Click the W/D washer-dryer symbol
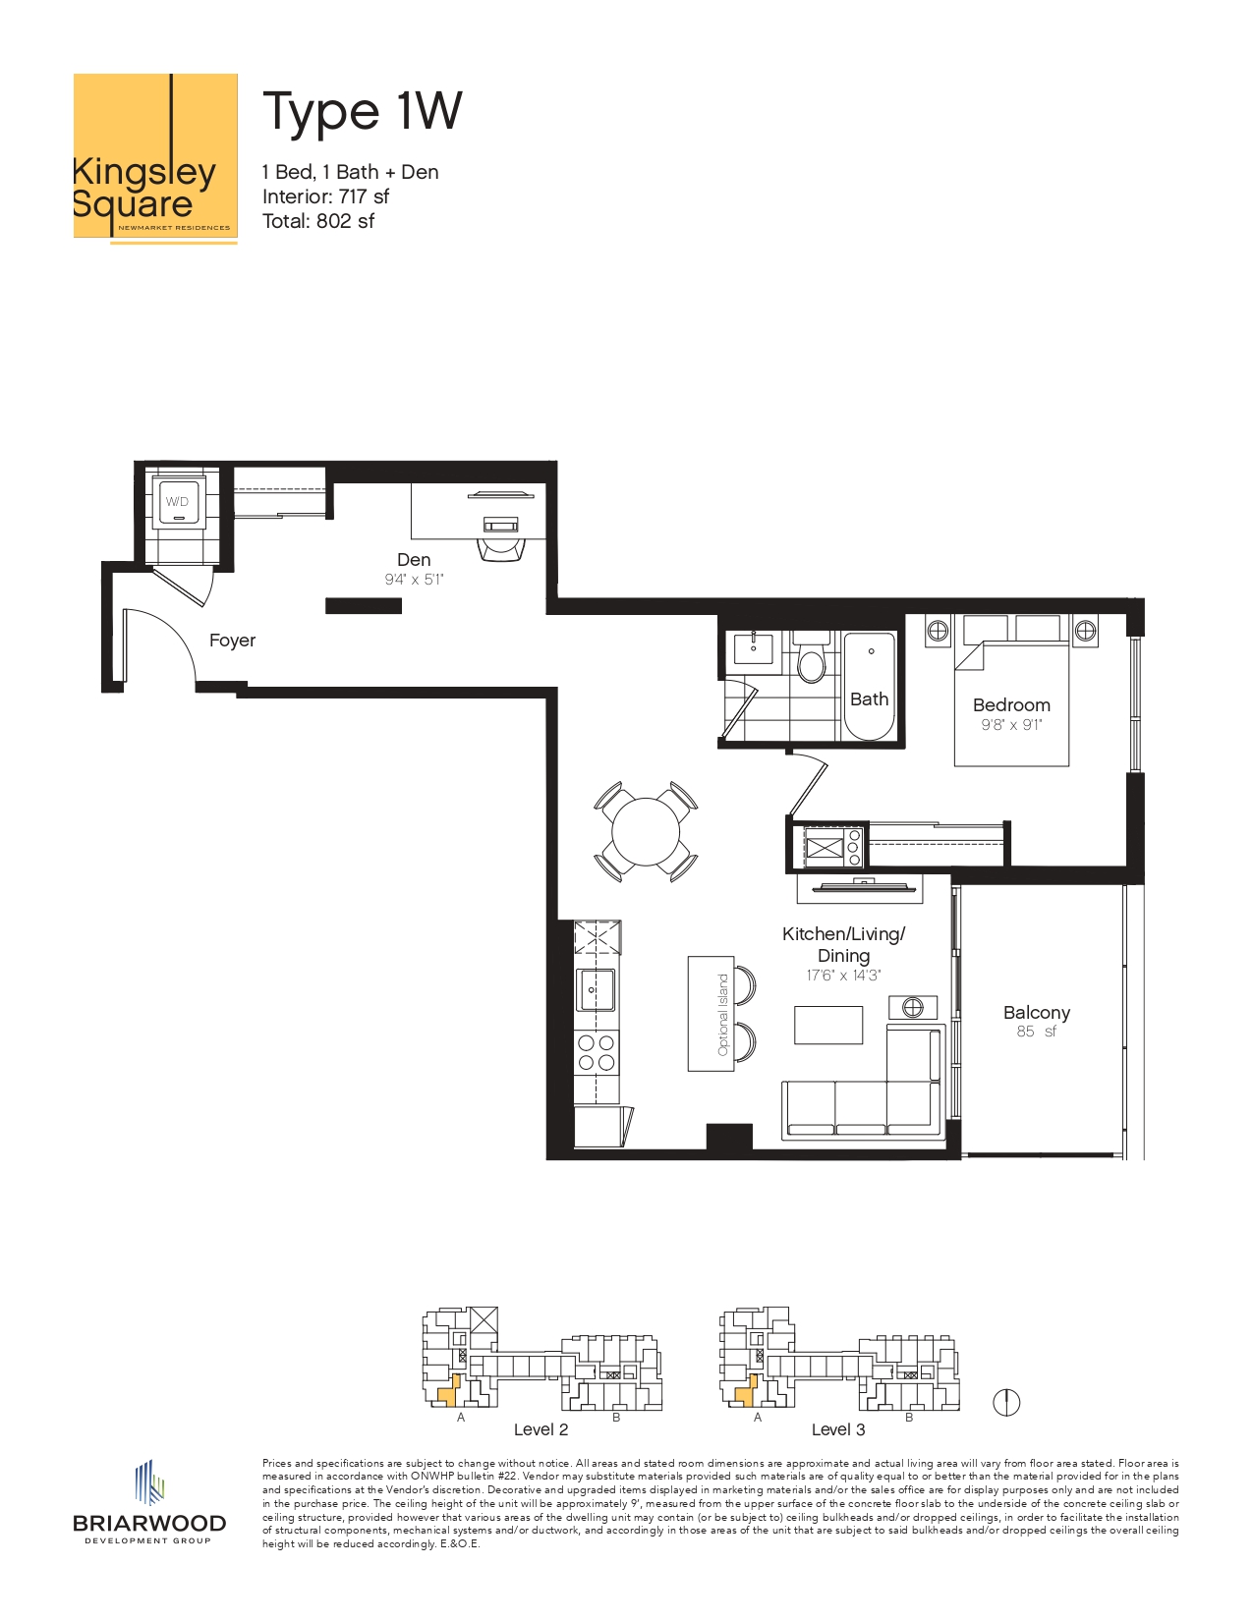pyautogui.click(x=178, y=502)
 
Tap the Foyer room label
pyautogui.click(x=232, y=641)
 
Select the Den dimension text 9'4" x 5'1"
pyautogui.click(x=414, y=580)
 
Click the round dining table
pyautogui.click(x=646, y=832)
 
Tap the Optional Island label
pyautogui.click(x=723, y=1015)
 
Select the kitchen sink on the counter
pyautogui.click(x=596, y=990)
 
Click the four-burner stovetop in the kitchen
pyautogui.click(x=597, y=1052)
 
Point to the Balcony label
pyautogui.click(x=1036, y=1013)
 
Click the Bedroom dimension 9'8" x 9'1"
pyautogui.click(x=1011, y=725)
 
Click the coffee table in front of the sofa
pyautogui.click(x=828, y=1025)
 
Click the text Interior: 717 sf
pyautogui.click(x=325, y=196)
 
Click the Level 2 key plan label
pyautogui.click(x=541, y=1429)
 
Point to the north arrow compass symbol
pyautogui.click(x=1006, y=1403)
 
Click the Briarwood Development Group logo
pyautogui.click(x=149, y=1503)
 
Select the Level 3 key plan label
pyautogui.click(x=837, y=1429)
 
